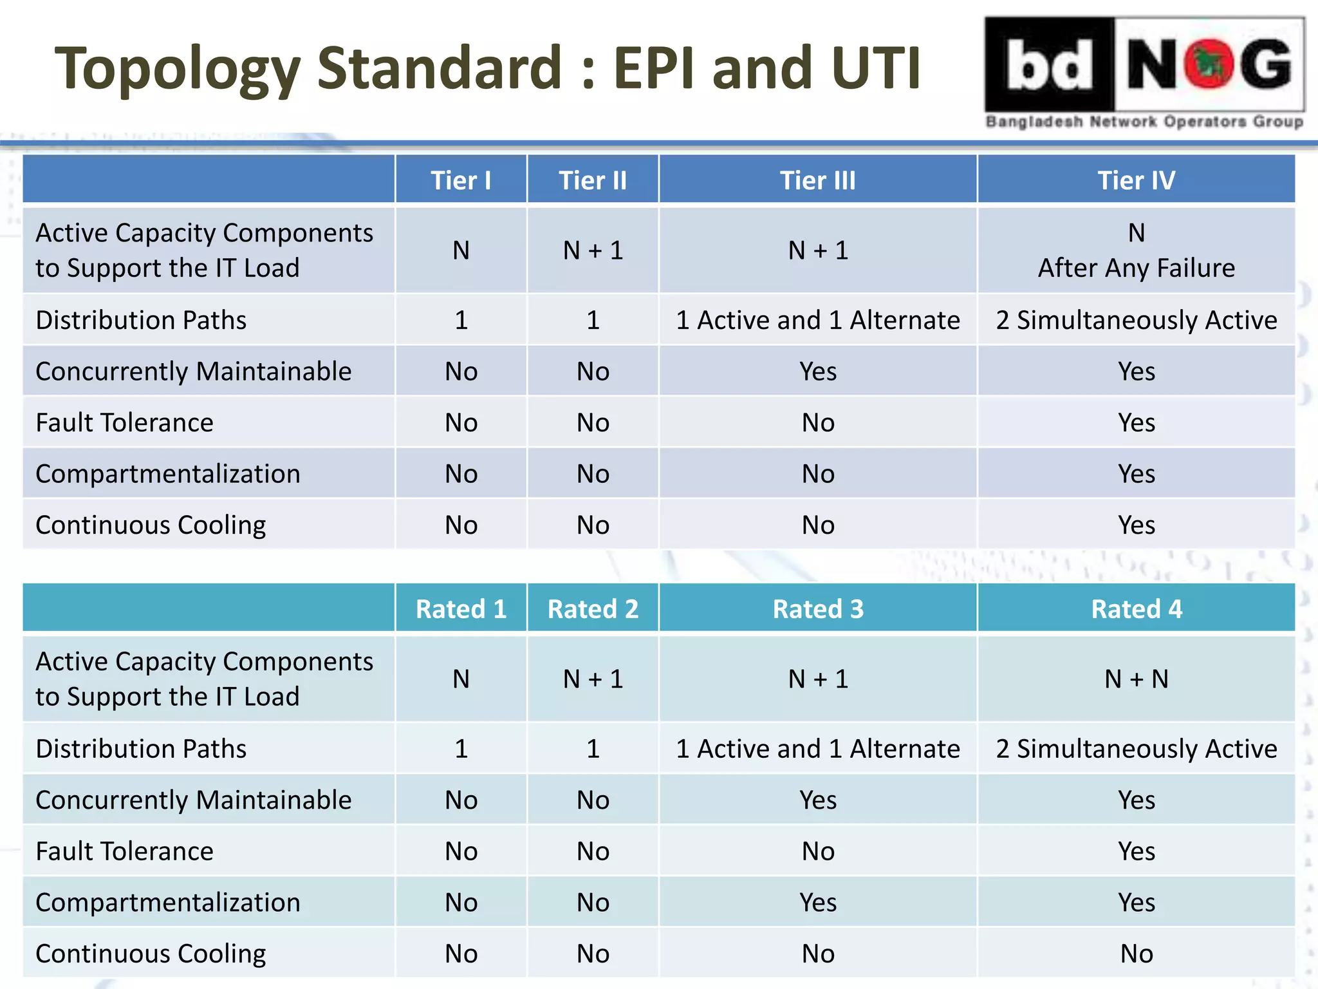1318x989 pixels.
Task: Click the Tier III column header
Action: click(817, 180)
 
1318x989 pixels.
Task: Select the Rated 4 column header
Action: click(1136, 609)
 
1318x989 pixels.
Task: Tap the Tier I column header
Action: click(461, 180)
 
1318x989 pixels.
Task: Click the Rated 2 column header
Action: click(593, 609)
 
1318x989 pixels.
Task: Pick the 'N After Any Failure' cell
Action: click(1136, 250)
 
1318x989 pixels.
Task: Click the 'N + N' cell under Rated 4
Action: click(1136, 679)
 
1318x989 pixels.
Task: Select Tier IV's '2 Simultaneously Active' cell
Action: click(1136, 320)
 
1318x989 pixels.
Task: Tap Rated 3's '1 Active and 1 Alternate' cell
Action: click(817, 749)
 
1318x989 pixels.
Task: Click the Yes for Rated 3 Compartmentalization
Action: click(817, 903)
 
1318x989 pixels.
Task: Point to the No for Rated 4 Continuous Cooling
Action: click(1136, 954)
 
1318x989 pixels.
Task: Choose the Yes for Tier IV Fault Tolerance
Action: click(1136, 423)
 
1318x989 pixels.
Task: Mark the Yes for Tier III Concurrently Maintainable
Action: click(817, 372)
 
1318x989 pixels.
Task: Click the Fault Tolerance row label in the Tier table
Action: click(125, 423)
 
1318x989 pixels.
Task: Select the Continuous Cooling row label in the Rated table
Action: click(151, 954)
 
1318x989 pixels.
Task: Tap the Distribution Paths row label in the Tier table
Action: click(141, 320)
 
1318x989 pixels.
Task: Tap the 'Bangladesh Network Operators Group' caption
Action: click(1144, 122)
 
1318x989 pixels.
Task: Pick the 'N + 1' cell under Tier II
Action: click(593, 250)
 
